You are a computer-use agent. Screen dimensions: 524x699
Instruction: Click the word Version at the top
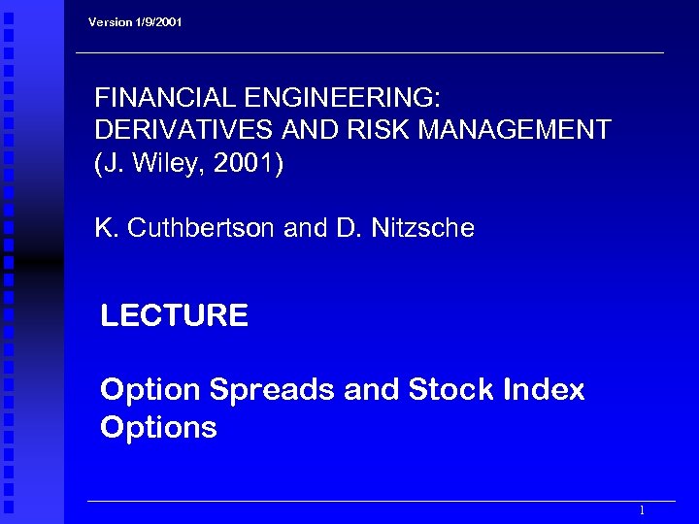(x=110, y=21)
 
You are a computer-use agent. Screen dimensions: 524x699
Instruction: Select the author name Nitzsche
(x=423, y=228)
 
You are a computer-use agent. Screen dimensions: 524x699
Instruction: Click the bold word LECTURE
(x=175, y=315)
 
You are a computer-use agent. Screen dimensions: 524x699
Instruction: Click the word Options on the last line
(x=158, y=428)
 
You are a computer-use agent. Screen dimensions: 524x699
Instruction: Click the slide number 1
(x=642, y=510)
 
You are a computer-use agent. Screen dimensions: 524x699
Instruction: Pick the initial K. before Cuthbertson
(x=106, y=228)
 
